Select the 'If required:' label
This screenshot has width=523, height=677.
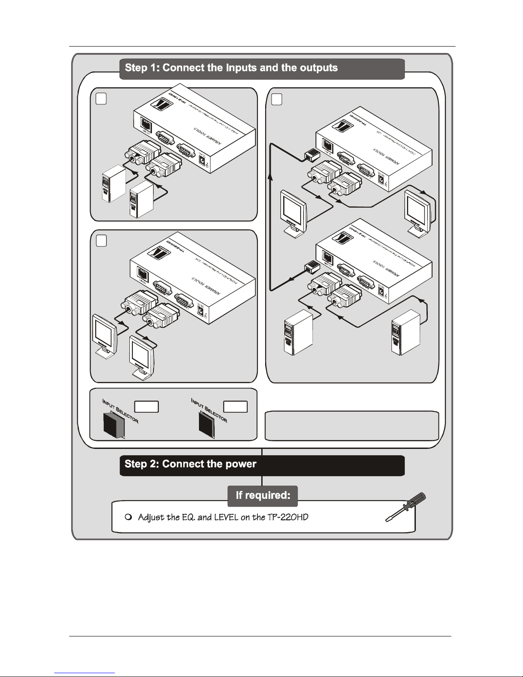coord(263,495)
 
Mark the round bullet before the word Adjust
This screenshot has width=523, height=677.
coord(129,517)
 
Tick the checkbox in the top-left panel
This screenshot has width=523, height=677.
coord(101,99)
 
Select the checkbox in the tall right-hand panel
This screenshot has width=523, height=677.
coord(277,99)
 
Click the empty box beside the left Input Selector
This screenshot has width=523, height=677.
coord(146,406)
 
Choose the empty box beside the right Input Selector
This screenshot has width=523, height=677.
coord(236,406)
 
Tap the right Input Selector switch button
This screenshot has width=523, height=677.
coord(208,426)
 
